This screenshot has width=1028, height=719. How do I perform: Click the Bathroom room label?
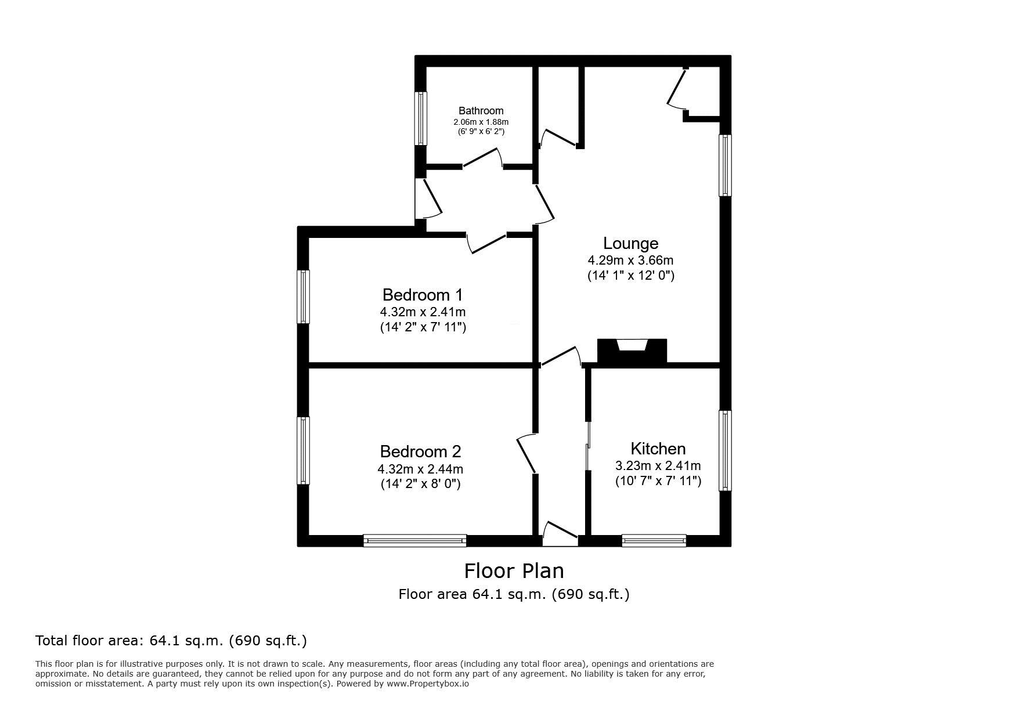click(481, 111)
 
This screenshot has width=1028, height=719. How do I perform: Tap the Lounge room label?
click(630, 244)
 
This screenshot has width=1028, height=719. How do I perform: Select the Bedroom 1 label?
click(423, 295)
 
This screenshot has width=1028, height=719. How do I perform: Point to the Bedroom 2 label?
click(420, 451)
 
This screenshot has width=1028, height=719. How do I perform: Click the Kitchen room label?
click(658, 449)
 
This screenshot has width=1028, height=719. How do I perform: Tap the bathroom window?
click(421, 118)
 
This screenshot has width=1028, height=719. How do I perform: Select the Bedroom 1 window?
click(304, 297)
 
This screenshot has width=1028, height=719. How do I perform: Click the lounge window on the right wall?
click(725, 165)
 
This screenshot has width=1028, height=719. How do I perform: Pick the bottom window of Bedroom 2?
click(415, 541)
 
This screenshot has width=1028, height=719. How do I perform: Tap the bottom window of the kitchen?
click(654, 541)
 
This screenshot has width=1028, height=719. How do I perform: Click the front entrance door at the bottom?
click(561, 534)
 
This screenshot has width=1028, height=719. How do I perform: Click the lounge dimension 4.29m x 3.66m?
click(630, 261)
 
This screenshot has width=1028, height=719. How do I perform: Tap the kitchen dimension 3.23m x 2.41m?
click(658, 465)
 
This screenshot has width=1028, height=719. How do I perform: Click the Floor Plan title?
click(514, 571)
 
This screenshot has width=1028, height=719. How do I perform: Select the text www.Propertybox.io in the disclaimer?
click(428, 684)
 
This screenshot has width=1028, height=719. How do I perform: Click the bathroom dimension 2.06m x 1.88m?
click(481, 122)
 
